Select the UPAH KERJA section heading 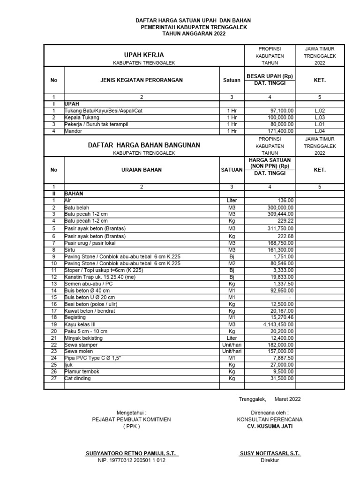[x=143, y=55]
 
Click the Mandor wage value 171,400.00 [x=279, y=131]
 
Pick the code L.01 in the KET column [x=320, y=124]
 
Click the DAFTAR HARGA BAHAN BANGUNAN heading [x=144, y=145]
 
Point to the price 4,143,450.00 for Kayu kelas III [x=275, y=324]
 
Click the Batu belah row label [x=77, y=207]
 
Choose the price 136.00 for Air [x=285, y=200]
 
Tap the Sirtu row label [x=70, y=250]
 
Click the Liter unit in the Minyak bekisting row [x=231, y=338]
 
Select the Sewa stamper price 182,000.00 [x=278, y=345]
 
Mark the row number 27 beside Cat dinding [x=53, y=378]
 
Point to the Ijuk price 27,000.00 [x=280, y=365]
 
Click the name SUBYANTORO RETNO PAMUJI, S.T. [x=131, y=453]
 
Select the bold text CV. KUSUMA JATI [x=270, y=426]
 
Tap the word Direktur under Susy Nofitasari [x=270, y=460]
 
